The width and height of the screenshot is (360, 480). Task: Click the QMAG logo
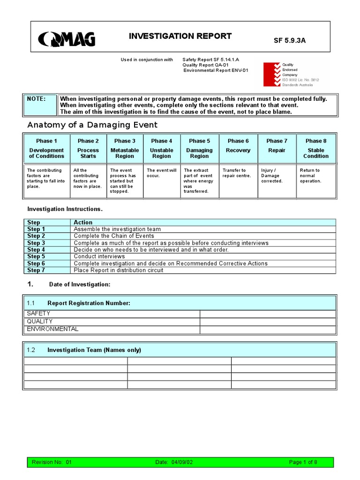pos(67,39)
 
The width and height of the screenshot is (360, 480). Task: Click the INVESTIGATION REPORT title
pos(180,36)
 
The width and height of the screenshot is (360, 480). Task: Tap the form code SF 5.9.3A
pos(290,40)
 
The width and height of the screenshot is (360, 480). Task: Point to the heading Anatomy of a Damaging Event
pos(92,125)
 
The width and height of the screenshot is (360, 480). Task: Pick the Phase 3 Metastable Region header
pos(125,148)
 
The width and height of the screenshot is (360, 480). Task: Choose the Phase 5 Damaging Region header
pos(199,148)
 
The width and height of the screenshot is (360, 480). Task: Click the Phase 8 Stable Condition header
pos(316,148)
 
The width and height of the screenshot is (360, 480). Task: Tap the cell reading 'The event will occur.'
pos(162,173)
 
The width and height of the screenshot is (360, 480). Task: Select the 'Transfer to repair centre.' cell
pos(239,173)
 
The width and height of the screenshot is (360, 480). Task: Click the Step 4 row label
pos(36,250)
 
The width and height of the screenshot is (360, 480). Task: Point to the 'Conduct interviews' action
pos(99,256)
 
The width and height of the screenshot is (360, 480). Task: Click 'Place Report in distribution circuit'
pos(119,270)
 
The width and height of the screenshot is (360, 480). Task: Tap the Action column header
pos(83,222)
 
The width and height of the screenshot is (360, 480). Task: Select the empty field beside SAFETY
pos(268,314)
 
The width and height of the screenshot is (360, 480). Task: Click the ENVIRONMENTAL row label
pos(52,329)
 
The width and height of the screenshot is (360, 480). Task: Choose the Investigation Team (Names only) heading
pos(94,350)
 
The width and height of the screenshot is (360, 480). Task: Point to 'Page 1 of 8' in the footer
pos(303,462)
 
